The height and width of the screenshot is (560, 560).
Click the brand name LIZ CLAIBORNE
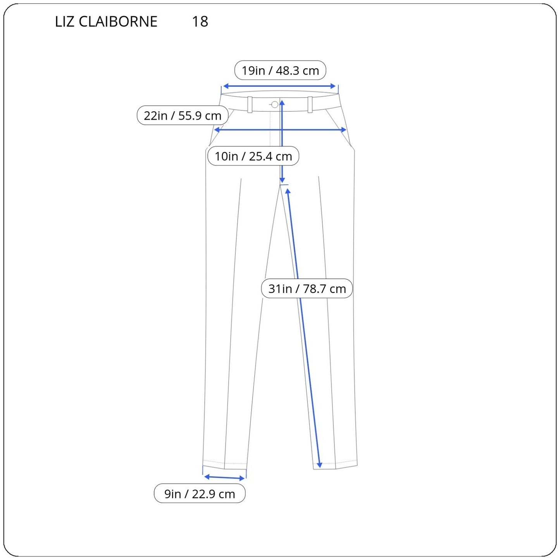click(x=106, y=22)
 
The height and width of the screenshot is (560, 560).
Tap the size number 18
click(x=200, y=22)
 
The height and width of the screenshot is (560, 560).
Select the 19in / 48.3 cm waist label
click(x=280, y=71)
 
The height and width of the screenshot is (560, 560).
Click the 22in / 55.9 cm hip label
click(x=182, y=115)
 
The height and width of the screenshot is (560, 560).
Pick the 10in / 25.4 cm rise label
click(x=253, y=156)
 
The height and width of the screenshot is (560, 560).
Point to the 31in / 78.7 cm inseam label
click(x=307, y=289)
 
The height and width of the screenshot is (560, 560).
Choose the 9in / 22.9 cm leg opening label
click(x=200, y=494)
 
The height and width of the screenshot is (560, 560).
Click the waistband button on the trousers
click(x=275, y=105)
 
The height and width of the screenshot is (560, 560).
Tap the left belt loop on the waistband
click(x=250, y=105)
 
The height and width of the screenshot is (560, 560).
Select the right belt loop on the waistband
click(x=310, y=105)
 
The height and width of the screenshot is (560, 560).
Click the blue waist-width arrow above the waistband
click(x=279, y=86)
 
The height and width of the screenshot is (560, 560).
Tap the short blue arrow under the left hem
click(x=224, y=477)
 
